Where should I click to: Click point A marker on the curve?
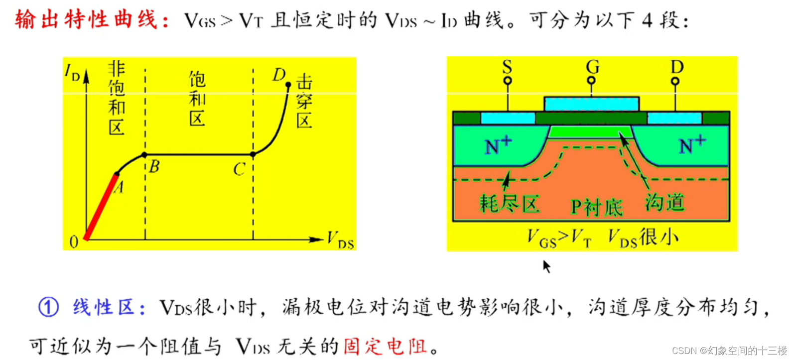point(117,174)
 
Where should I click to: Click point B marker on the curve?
point(145,155)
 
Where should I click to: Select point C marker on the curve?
point(253,155)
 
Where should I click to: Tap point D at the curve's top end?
point(288,85)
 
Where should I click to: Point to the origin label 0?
point(74,242)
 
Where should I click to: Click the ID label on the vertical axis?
point(72,72)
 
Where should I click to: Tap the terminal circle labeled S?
point(508,81)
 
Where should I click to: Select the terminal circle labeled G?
point(591,81)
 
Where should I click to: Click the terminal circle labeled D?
point(675,81)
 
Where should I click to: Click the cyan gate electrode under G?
point(591,104)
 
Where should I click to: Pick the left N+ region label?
point(498,145)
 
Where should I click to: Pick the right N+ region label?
point(692,145)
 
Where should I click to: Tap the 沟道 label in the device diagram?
point(665,203)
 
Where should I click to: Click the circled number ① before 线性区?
point(48,307)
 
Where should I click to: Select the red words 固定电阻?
point(385,346)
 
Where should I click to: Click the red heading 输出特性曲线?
point(86,20)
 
